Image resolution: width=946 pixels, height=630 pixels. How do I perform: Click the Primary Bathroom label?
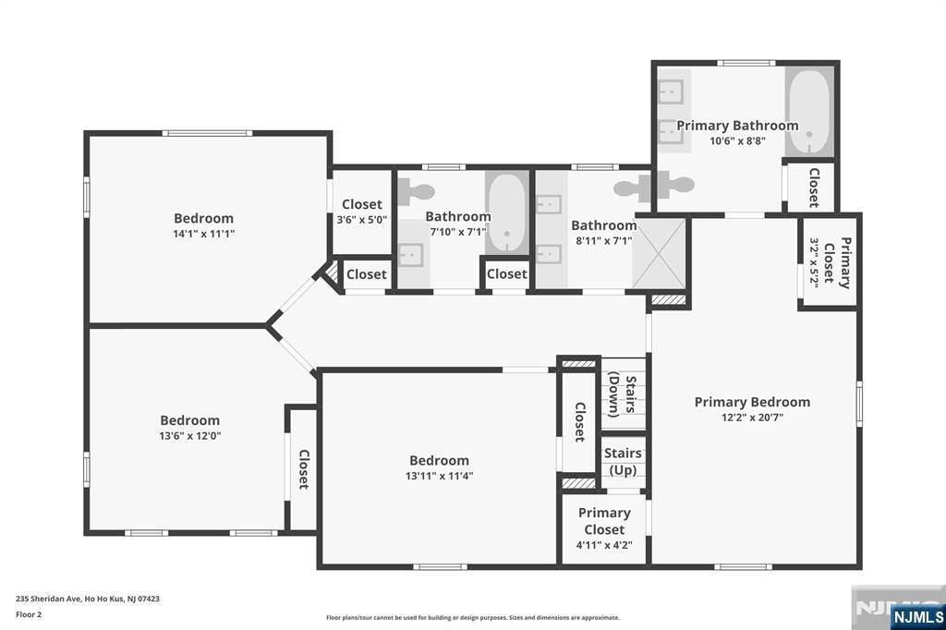[x=737, y=126]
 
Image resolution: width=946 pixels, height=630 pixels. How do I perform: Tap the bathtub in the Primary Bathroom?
[x=809, y=113]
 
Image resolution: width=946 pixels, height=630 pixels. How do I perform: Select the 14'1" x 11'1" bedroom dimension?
[x=204, y=234]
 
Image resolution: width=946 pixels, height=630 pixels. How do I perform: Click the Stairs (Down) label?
[x=623, y=396]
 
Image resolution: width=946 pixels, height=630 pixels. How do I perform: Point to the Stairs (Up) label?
[x=624, y=461]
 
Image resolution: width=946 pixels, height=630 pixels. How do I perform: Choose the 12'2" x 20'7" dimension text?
[x=752, y=417]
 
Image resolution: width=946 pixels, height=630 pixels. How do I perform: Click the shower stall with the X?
[x=660, y=253]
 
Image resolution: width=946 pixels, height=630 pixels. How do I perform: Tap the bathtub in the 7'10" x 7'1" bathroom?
[x=507, y=213]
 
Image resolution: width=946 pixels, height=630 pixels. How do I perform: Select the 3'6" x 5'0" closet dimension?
[x=362, y=220]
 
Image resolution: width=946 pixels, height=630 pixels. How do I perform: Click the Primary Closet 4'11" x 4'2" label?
[x=604, y=528]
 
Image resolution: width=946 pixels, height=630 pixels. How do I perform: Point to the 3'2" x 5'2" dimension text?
[x=813, y=262]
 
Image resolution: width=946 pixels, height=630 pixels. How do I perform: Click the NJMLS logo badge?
[x=917, y=617]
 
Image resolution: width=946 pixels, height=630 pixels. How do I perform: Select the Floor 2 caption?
[x=29, y=615]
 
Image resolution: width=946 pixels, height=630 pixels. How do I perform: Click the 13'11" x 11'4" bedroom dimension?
[x=439, y=476]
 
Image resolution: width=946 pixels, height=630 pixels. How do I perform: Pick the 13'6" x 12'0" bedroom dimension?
[x=190, y=436]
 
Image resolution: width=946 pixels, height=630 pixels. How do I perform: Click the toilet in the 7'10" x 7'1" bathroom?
[x=417, y=192]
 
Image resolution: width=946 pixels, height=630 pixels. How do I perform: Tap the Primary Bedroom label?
[x=752, y=402]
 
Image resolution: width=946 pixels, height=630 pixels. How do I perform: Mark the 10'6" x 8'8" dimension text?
[x=737, y=141]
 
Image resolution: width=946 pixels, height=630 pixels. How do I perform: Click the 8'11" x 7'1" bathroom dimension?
[x=604, y=241]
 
